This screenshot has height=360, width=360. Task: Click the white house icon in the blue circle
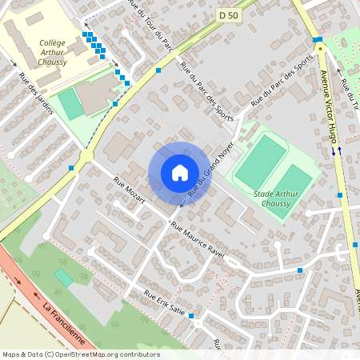tap(179, 172)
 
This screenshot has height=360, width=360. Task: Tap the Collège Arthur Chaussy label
tap(53, 51)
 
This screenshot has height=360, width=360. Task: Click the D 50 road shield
tap(227, 14)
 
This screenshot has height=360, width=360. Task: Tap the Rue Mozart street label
tap(130, 190)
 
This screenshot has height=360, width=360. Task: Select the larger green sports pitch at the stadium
tap(262, 162)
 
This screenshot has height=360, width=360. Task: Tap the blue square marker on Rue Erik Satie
tap(191, 316)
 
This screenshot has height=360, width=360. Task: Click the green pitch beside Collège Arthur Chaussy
tap(70, 104)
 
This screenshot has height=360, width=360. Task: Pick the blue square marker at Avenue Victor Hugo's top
tap(318, 39)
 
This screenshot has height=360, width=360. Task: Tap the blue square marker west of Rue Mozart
tap(71, 168)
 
